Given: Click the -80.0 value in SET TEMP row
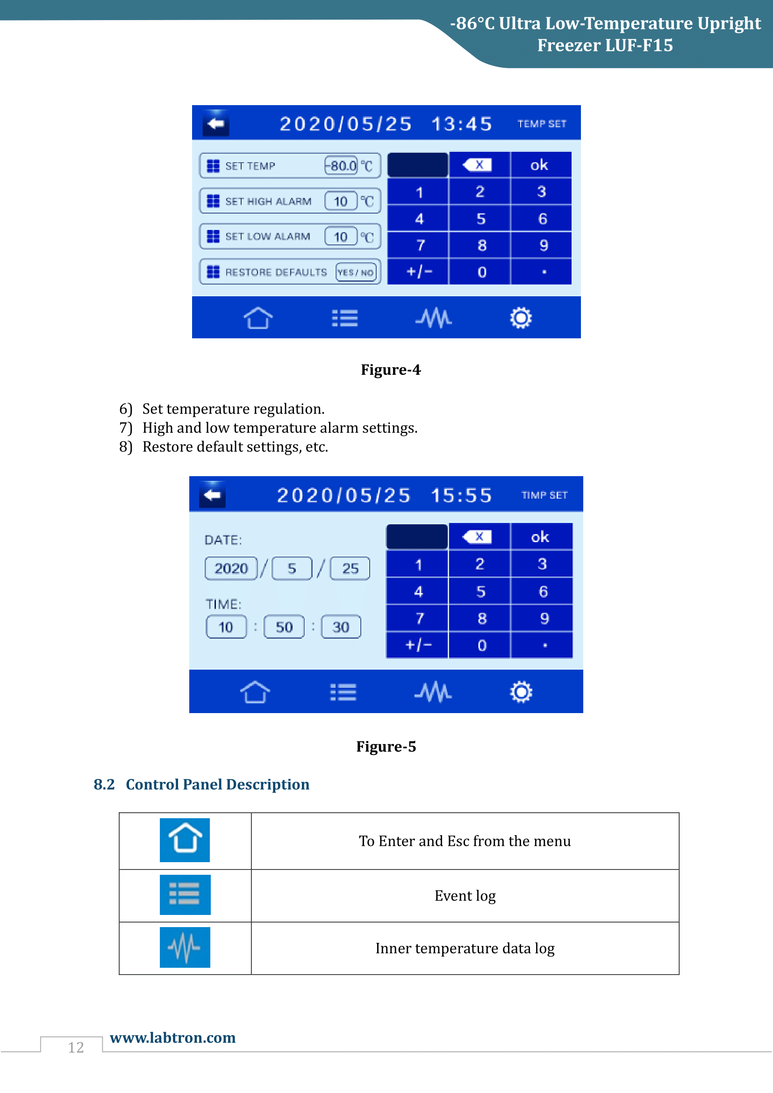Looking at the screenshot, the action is pos(341,166).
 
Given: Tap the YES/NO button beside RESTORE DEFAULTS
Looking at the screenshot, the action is pos(356,272).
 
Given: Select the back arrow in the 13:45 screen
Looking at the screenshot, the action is pos(216,124).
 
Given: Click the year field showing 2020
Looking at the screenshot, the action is pos(231,568).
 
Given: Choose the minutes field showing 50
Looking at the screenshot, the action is pos(284,627).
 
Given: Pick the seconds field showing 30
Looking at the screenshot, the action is pos(341,627).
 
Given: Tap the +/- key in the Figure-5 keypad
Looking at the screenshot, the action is pos(417,645).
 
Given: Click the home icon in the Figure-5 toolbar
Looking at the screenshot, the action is pos(255,692).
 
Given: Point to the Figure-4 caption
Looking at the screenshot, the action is pos(391,370).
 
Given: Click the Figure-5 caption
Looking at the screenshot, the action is pos(386,746).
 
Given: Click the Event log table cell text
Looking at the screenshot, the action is pos(465,896).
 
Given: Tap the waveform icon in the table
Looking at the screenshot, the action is pos(185,947).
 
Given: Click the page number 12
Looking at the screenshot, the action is pos(76,1047).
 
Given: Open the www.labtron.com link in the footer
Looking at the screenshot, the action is pos(173,1037).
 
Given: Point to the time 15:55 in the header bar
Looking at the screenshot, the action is pos(461,495).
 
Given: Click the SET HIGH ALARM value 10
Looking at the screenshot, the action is pos(341,201).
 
